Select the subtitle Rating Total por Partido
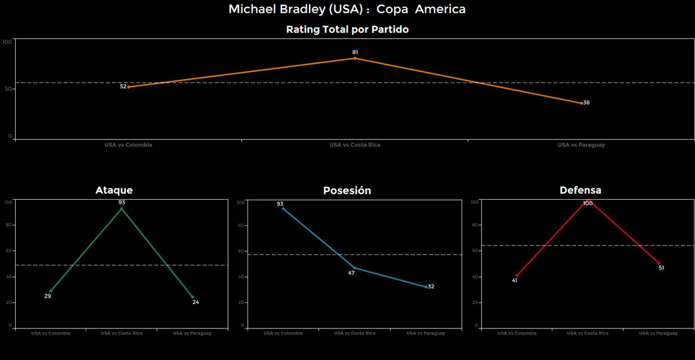pyautogui.click(x=347, y=30)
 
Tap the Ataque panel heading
pyautogui.click(x=114, y=190)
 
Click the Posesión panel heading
pyautogui.click(x=347, y=191)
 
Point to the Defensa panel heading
pyautogui.click(x=580, y=190)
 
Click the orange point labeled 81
pyautogui.click(x=355, y=58)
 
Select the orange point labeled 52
pyautogui.click(x=128, y=87)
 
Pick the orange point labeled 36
pyautogui.click(x=581, y=103)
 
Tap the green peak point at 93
pyautogui.click(x=122, y=209)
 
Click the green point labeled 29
pyautogui.click(x=50, y=291)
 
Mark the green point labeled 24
pyautogui.click(x=192, y=297)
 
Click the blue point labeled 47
pyautogui.click(x=355, y=268)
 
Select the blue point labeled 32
pyautogui.click(x=426, y=287)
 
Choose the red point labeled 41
pyautogui.click(x=516, y=276)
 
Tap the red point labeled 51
pyautogui.click(x=659, y=263)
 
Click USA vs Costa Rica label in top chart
pyautogui.click(x=355, y=145)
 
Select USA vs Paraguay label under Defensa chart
pyautogui.click(x=658, y=333)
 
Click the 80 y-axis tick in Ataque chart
pyautogui.click(x=8, y=225)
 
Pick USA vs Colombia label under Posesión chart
pyautogui.click(x=283, y=333)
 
